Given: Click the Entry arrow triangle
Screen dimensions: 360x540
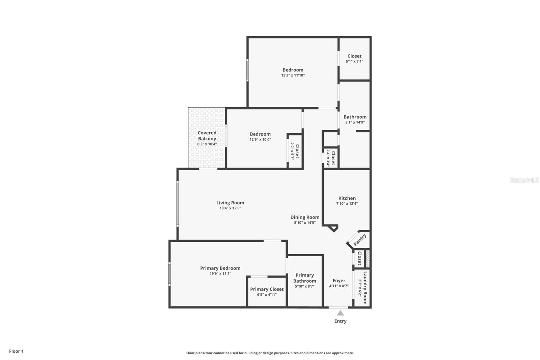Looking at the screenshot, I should coord(340,313).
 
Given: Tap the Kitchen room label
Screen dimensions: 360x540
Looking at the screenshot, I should coord(347,198).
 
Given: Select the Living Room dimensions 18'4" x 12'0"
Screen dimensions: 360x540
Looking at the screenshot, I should coord(230,208).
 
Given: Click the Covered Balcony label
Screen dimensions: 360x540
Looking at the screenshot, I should coord(207,136).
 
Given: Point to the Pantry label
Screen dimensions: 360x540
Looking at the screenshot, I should coord(360,240).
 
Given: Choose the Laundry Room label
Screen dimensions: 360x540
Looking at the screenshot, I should coord(365,288).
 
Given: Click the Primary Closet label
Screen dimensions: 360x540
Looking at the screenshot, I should coord(267,289).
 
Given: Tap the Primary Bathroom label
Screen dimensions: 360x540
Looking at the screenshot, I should coord(304,278).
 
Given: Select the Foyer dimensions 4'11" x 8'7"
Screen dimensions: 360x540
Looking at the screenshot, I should coord(339,286).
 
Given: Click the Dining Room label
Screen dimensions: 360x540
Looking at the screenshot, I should coord(305,217).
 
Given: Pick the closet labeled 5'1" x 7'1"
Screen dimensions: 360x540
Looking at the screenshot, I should coord(354,56).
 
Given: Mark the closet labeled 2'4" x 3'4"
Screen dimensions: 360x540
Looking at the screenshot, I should coord(333,158).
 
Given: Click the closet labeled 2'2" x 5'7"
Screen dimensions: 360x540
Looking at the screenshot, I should coord(297,151).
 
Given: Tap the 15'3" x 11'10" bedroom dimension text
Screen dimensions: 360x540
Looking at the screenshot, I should coord(293,76).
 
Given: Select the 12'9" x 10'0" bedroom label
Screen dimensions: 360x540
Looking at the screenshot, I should coord(260,134).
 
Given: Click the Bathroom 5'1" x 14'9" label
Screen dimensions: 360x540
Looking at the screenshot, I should coord(355,117).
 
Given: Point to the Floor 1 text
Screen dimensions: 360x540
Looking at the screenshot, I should coord(16,351).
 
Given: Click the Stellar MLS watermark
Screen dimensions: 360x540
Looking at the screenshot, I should coord(524,180).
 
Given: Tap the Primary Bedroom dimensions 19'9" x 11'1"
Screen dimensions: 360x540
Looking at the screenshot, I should coord(220,274).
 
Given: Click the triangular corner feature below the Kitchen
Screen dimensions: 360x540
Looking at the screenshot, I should coord(333,228).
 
